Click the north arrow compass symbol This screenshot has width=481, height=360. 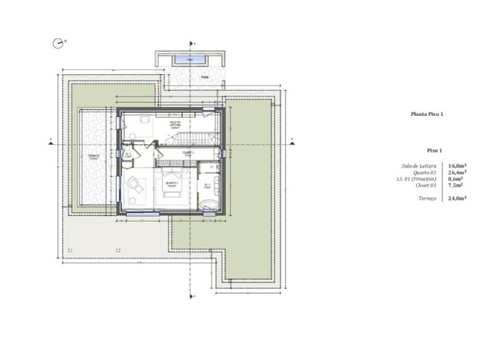click(x=58, y=42)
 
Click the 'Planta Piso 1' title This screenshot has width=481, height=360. click(x=427, y=115)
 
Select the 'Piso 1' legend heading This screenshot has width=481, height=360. click(x=435, y=149)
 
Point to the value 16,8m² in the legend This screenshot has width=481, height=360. click(x=456, y=166)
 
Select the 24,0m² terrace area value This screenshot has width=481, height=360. click(x=456, y=198)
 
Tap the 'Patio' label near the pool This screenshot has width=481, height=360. click(x=204, y=78)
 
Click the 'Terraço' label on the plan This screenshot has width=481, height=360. click(x=94, y=156)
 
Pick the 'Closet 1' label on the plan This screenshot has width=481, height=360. click(x=187, y=153)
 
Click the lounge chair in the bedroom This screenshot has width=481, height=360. click(x=135, y=186)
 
